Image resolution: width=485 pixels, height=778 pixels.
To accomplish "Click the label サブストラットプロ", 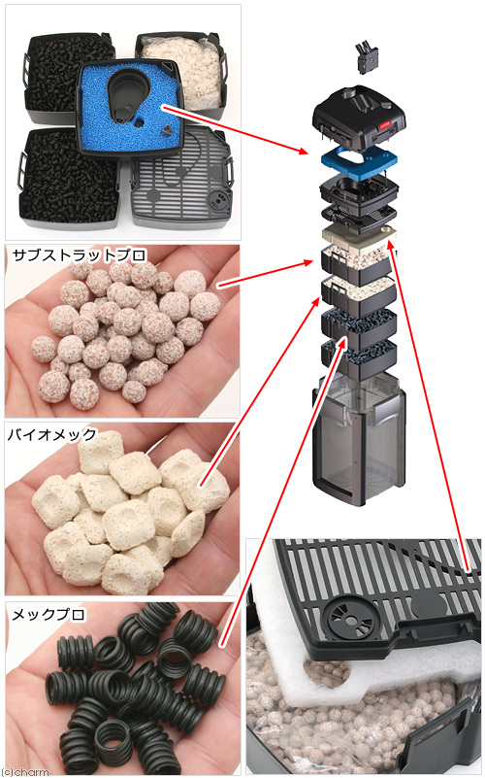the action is tap(80, 255).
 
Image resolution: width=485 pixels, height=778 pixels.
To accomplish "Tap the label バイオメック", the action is tap(52, 434).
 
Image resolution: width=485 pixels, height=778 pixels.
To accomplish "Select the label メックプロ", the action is tap(48, 614).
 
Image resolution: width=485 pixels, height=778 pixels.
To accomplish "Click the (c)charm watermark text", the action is tap(25, 772).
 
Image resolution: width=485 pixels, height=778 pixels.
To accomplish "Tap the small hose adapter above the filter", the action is tap(367, 57).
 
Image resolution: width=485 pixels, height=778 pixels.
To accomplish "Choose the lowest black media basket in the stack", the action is tap(359, 357).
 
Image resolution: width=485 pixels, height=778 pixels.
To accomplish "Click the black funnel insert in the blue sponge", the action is tap(122, 97).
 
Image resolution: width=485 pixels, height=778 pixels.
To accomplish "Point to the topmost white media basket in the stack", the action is tap(359, 264).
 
